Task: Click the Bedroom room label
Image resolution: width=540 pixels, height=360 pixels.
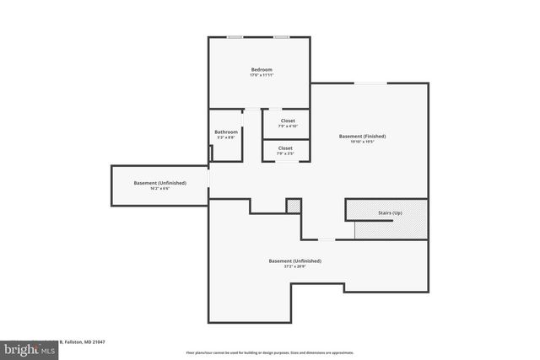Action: click(261, 69)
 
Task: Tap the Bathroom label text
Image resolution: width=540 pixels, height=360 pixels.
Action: click(226, 132)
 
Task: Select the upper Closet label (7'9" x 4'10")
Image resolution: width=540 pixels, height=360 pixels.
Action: click(287, 121)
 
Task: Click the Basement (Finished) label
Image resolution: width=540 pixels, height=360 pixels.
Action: click(362, 136)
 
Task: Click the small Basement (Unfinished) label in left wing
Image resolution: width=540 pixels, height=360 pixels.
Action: click(159, 182)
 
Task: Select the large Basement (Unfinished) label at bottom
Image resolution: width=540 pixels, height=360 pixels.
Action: click(294, 261)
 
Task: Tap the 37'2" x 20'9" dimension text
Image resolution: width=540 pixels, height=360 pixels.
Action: click(294, 267)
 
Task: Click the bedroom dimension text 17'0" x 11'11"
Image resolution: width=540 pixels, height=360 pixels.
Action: click(261, 76)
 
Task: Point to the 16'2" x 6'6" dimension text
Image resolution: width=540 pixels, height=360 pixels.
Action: click(159, 189)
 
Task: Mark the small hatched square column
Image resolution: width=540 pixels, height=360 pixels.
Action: click(293, 206)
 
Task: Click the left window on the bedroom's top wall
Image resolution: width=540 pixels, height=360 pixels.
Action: click(235, 37)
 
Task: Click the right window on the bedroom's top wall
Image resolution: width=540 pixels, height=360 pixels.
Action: click(282, 37)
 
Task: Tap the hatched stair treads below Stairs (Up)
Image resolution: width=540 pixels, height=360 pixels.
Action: click(391, 228)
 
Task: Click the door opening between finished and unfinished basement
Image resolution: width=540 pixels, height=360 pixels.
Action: click(325, 239)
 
